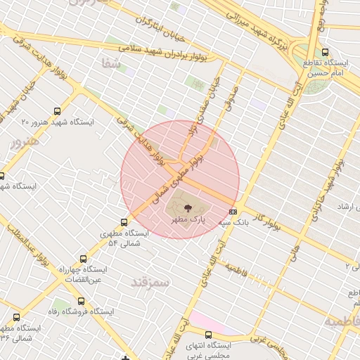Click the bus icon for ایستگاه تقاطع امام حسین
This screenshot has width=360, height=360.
[324, 52]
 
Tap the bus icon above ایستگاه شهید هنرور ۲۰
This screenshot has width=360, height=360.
[56, 110]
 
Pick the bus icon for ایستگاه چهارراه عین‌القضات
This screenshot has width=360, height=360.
[84, 259]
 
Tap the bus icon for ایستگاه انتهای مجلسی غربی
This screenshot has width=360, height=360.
[207, 335]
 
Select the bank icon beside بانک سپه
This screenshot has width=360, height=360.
[233, 211]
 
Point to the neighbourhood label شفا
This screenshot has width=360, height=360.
[111, 64]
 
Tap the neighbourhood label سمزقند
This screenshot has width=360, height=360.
[150, 282]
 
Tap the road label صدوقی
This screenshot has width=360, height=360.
[231, 98]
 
